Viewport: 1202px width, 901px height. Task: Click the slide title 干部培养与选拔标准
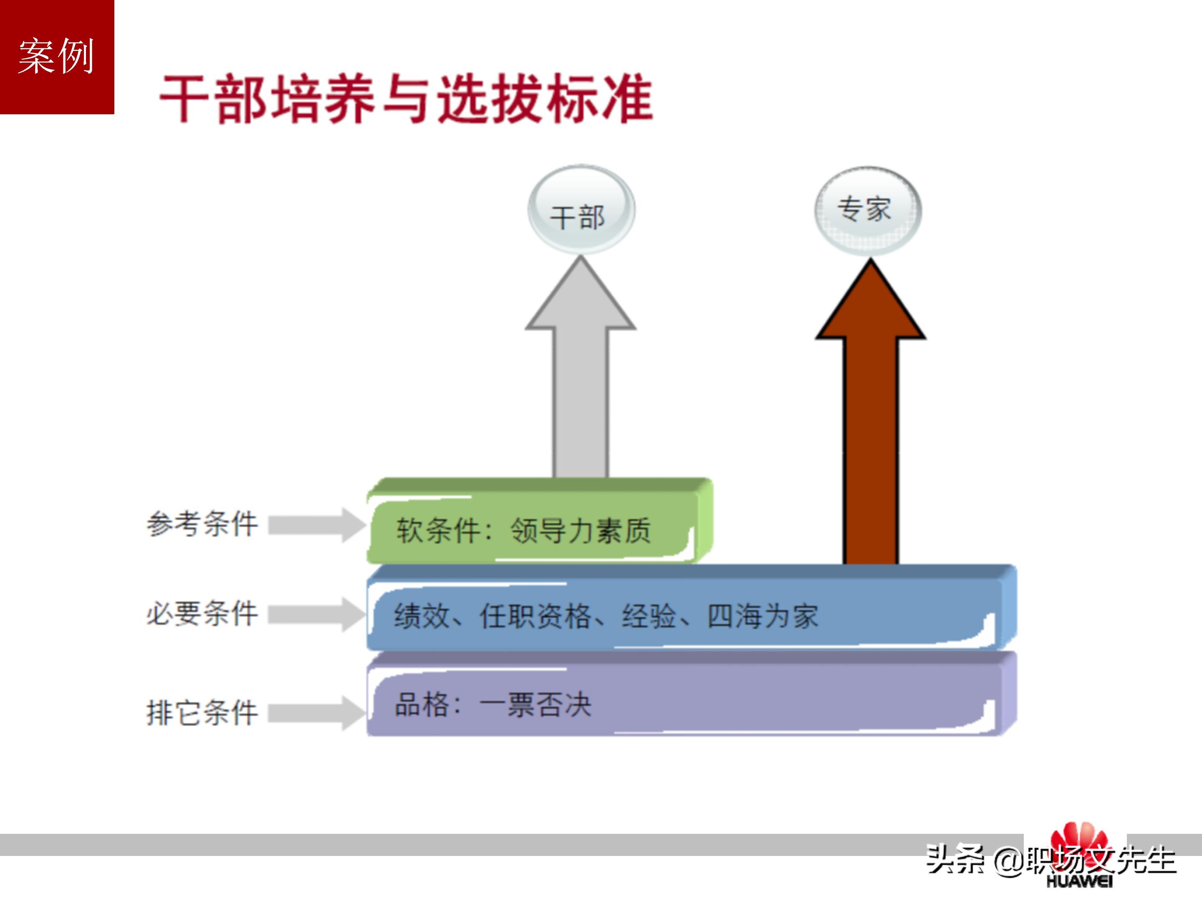click(406, 99)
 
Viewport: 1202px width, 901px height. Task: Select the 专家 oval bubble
click(867, 211)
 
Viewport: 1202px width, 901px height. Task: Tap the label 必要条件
click(202, 614)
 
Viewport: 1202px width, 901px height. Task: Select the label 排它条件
click(202, 712)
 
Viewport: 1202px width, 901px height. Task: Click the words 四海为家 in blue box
click(763, 616)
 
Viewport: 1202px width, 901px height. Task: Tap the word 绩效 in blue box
click(422, 616)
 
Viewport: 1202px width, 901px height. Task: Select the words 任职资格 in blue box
click(535, 616)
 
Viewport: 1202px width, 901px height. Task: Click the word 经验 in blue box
click(649, 616)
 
